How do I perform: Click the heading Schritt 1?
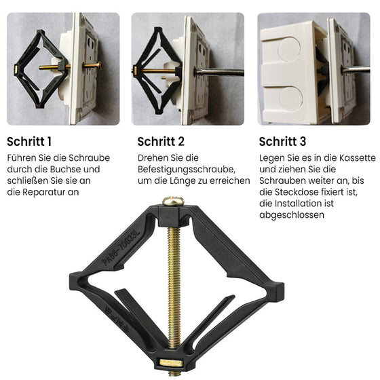click(29, 142)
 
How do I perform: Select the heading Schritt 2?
click(161, 142)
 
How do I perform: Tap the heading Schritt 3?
click(282, 142)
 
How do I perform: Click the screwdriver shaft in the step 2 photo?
click(217, 70)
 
